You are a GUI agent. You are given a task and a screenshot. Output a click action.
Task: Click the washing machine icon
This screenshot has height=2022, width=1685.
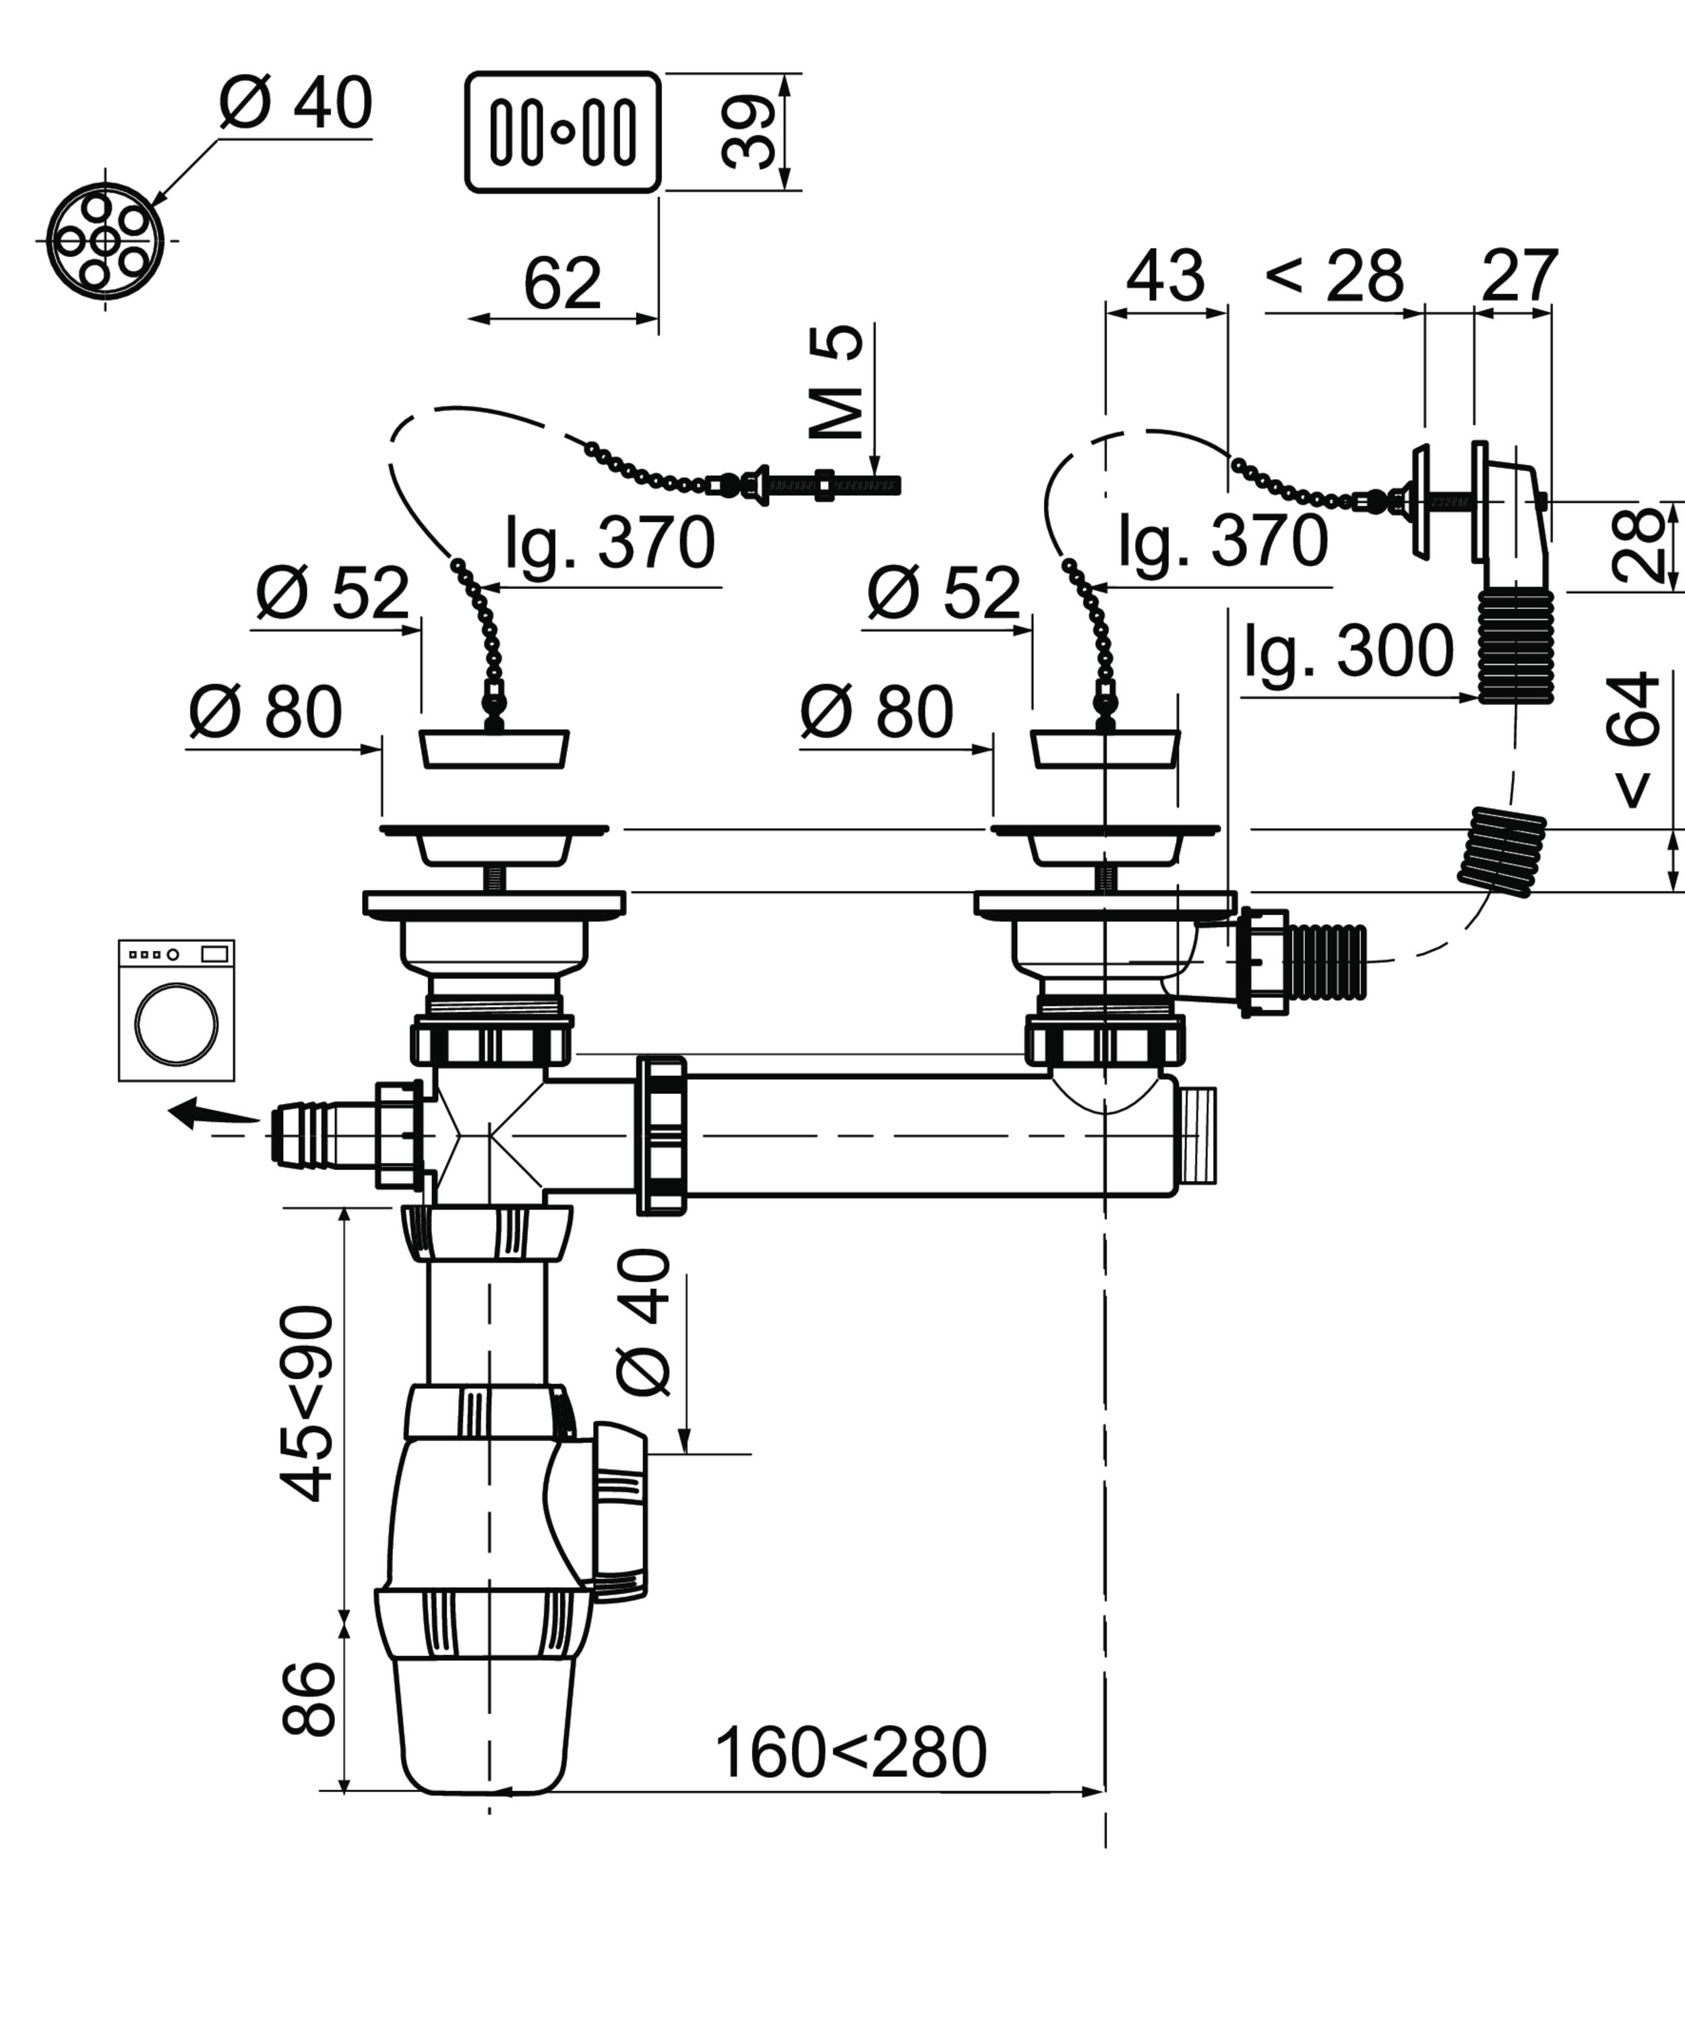point(176,1010)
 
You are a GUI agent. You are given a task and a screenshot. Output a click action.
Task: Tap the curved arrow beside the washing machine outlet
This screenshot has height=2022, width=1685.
point(214,1114)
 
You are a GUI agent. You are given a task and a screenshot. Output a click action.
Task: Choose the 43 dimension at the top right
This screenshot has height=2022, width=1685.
point(1165,276)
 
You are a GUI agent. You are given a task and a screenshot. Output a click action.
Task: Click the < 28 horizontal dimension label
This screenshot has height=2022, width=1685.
point(1335,276)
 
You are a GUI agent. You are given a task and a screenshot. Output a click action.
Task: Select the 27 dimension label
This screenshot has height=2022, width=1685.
point(1519,276)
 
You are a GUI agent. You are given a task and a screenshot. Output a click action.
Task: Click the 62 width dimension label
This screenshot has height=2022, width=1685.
point(562,283)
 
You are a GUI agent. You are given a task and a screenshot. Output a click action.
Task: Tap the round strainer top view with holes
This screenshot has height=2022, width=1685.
point(106,240)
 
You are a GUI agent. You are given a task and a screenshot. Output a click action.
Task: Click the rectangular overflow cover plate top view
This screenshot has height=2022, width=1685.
point(563,132)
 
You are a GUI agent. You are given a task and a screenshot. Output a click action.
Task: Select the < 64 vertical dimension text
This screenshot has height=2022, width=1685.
point(1634,739)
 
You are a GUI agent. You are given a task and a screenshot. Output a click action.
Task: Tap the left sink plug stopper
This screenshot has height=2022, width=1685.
point(495,749)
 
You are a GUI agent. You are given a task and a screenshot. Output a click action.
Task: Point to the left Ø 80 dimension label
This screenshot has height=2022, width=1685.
point(265,712)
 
